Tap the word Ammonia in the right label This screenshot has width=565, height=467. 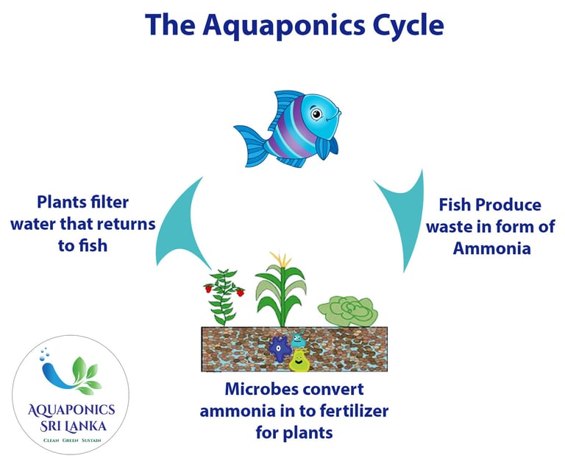[491, 248]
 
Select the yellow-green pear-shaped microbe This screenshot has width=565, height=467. [299, 359]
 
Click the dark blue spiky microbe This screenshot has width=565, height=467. [280, 346]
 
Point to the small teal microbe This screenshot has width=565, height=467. [298, 340]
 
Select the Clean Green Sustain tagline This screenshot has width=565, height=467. [71, 441]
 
